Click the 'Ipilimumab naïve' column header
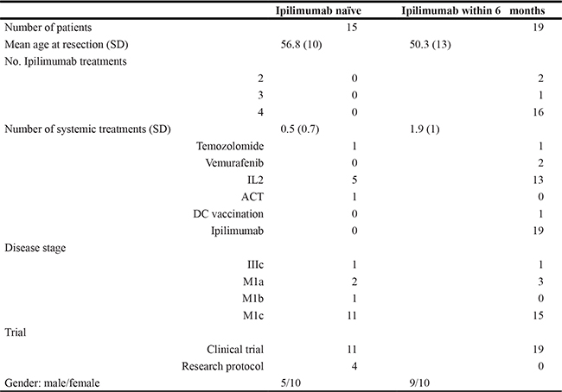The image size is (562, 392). click(x=318, y=10)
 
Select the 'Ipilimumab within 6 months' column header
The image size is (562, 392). click(x=473, y=10)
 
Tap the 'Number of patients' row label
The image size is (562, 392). click(x=48, y=28)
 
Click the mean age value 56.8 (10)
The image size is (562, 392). click(x=301, y=45)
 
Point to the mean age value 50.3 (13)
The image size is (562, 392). click(x=430, y=45)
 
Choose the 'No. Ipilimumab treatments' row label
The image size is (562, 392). click(x=66, y=61)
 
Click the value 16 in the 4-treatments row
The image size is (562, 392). click(x=538, y=112)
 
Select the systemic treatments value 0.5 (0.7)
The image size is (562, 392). click(x=300, y=130)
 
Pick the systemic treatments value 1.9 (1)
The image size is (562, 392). click(x=425, y=130)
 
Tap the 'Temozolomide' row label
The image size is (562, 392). click(x=230, y=146)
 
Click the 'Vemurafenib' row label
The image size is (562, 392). click(x=234, y=163)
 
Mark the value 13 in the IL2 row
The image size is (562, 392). click(x=538, y=180)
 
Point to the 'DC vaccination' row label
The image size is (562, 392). click(x=228, y=214)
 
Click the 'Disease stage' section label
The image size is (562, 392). click(x=35, y=248)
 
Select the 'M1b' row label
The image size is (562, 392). click(x=253, y=299)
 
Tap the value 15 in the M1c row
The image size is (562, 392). click(x=538, y=315)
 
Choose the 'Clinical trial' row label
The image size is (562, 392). click(x=235, y=350)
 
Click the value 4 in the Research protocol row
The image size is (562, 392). click(x=354, y=366)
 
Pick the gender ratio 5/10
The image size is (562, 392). click(x=291, y=383)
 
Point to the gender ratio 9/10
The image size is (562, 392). click(x=419, y=383)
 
